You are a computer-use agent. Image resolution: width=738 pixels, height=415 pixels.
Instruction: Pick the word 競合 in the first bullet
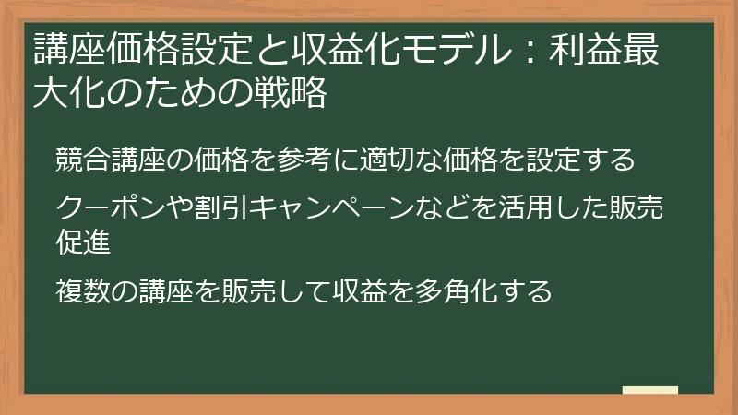pyautogui.click(x=80, y=160)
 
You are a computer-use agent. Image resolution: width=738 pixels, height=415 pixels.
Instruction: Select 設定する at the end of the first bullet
pyautogui.click(x=581, y=160)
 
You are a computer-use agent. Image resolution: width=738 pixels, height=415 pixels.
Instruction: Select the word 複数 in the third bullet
pyautogui.click(x=80, y=291)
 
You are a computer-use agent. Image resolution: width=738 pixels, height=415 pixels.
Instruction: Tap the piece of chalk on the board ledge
pyautogui.click(x=650, y=390)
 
